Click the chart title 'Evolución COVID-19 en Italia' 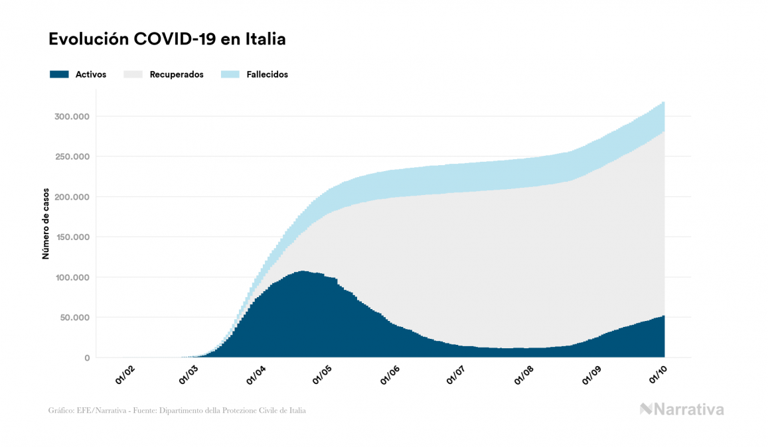[167, 39]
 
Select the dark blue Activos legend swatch [59, 74]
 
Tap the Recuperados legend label [177, 74]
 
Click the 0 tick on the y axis [87, 358]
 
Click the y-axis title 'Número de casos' [46, 223]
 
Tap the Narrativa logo [682, 409]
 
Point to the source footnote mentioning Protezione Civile [177, 411]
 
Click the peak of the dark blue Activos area [303, 272]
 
